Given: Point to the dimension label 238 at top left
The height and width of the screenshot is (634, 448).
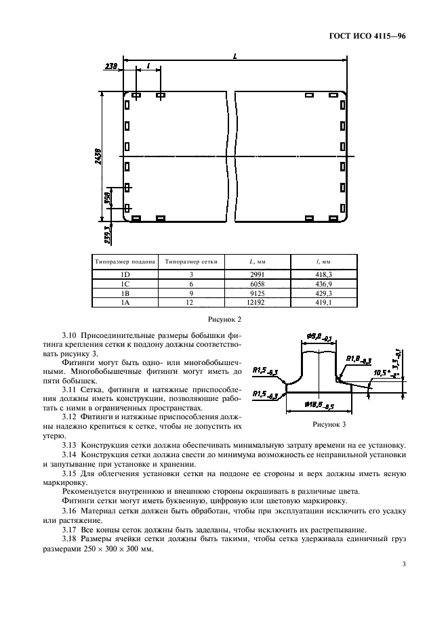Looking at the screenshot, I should pyautogui.click(x=111, y=66).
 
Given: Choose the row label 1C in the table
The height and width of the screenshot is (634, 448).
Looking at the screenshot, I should pyautogui.click(x=125, y=283).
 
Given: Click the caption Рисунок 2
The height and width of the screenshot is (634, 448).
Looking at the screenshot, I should pyautogui.click(x=224, y=318).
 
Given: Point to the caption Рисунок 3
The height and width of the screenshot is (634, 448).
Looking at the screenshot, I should pyautogui.click(x=329, y=425).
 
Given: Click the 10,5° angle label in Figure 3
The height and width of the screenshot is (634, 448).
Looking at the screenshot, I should pyautogui.click(x=382, y=373).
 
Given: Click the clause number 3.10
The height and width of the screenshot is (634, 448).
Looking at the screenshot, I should pyautogui.click(x=70, y=335).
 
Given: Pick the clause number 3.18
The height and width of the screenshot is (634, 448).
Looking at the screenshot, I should pyautogui.click(x=70, y=538).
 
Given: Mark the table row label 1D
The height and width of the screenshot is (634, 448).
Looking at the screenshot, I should pyautogui.click(x=125, y=274).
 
